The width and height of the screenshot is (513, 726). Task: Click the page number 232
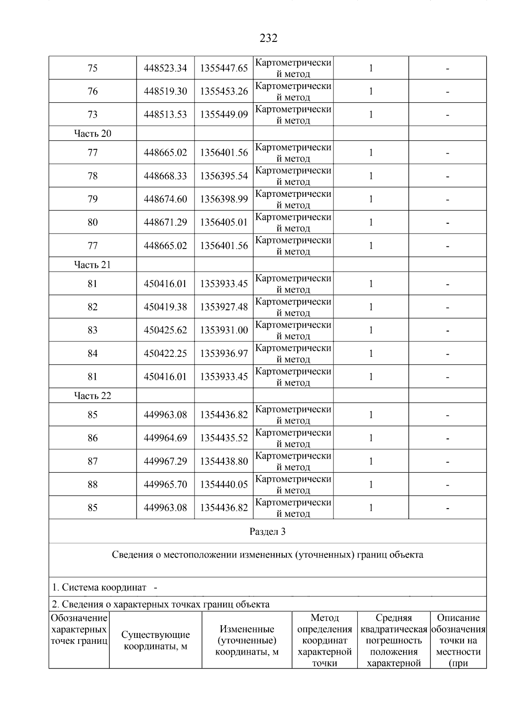click(x=268, y=39)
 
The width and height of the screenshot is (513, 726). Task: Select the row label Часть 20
click(x=92, y=133)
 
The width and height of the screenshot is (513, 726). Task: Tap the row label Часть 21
click(x=92, y=265)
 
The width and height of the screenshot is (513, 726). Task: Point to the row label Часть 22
click(x=92, y=396)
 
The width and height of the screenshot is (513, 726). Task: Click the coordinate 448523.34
click(x=165, y=68)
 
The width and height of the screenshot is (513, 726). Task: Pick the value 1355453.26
click(x=224, y=91)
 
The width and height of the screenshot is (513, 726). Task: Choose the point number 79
click(x=92, y=199)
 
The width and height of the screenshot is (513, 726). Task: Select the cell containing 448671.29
click(x=165, y=222)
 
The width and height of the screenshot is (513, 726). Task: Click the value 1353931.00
click(x=224, y=330)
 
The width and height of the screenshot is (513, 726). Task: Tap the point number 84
click(x=92, y=353)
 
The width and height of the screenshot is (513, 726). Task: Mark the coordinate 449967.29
click(x=165, y=461)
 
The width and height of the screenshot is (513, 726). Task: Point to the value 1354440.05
click(x=224, y=484)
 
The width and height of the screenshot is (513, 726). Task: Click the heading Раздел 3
click(x=268, y=532)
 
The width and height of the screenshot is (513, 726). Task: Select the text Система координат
click(x=104, y=587)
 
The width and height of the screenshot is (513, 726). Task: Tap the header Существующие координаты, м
click(x=156, y=640)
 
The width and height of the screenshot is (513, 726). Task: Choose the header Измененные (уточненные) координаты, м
click(x=247, y=640)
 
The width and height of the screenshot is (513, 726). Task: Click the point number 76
click(x=92, y=91)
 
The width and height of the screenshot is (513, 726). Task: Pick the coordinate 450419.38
click(x=165, y=307)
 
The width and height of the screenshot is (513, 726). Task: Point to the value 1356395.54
click(x=224, y=176)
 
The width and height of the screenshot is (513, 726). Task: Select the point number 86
click(x=92, y=438)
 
